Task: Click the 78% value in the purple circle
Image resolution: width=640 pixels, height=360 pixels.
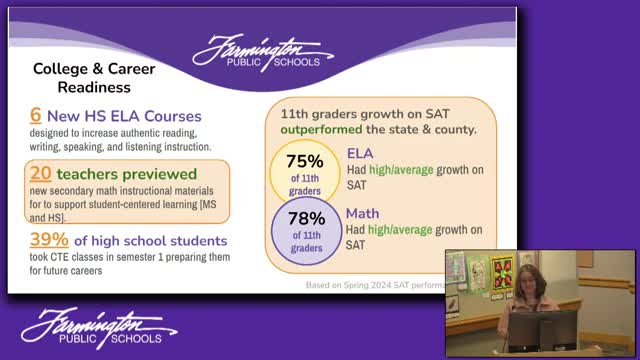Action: pos(308,217)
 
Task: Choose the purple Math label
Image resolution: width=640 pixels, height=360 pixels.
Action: pos(362,212)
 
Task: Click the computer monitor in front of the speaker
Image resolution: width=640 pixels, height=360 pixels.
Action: pos(542,329)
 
